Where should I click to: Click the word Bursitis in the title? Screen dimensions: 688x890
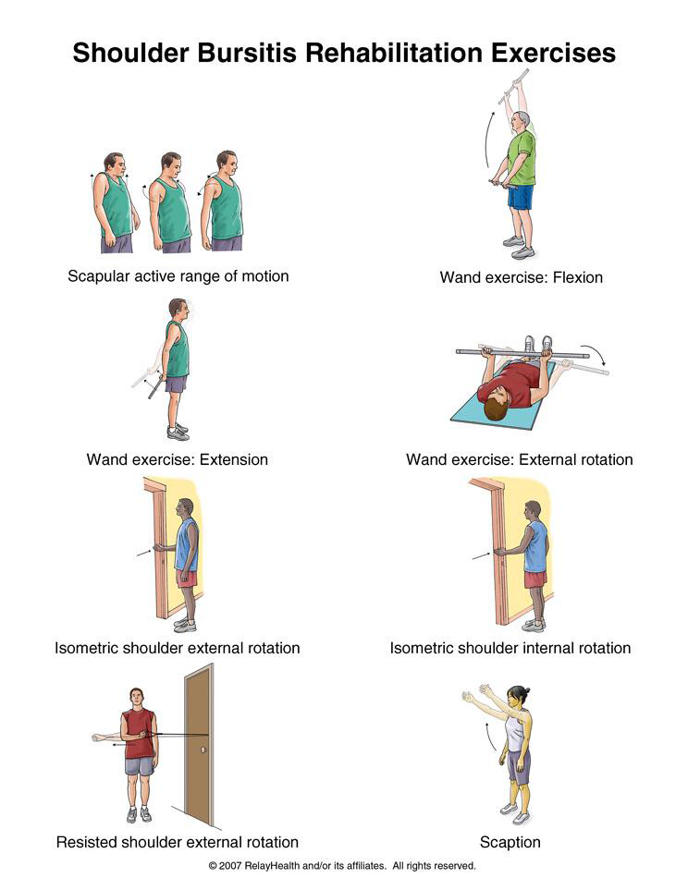coord(247,53)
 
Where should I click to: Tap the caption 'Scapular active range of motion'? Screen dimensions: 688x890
coord(178,276)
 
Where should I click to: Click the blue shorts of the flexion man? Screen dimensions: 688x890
coord(521,197)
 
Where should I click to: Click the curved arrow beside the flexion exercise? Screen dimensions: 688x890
coord(488,138)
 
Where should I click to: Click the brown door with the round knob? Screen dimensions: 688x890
coord(199,745)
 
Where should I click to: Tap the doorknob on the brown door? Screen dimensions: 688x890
coord(203,750)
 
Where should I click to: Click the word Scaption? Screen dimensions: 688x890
coord(510,842)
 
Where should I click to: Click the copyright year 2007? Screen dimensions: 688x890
coord(230,866)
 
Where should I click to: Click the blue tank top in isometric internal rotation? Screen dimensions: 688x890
coord(535,546)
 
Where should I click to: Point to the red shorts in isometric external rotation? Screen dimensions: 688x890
coord(187,579)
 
